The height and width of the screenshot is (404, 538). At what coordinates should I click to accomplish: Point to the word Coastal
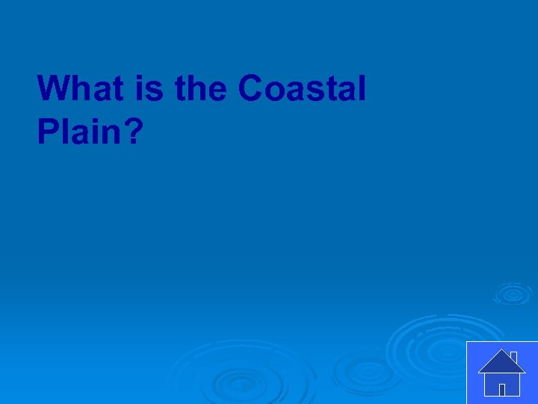click(x=302, y=89)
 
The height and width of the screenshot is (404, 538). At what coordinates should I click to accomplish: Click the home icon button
click(x=501, y=372)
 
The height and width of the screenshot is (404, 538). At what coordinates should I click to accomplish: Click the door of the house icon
click(x=502, y=389)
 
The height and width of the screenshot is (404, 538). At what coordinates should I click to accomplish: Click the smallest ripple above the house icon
click(x=512, y=293)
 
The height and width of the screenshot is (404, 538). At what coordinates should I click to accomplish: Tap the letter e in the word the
click(x=218, y=90)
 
